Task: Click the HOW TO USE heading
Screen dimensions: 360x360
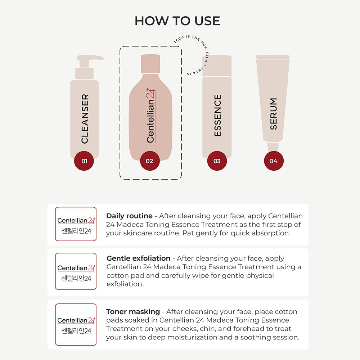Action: (x=177, y=21)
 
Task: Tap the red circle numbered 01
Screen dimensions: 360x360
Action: (x=84, y=161)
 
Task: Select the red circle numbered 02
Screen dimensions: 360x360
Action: (x=149, y=161)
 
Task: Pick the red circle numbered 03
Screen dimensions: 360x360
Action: (x=217, y=161)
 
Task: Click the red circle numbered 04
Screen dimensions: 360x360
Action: (x=274, y=161)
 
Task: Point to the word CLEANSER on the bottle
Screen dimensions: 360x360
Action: (x=85, y=118)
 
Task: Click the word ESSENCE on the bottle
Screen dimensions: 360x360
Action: (x=217, y=116)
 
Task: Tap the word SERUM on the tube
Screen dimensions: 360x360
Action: (x=274, y=113)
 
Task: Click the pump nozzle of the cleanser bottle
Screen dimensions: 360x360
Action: (x=92, y=58)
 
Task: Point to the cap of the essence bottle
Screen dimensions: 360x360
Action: (x=217, y=65)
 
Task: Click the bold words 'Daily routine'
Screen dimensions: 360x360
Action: (x=129, y=216)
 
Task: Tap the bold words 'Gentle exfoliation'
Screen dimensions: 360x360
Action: (x=138, y=258)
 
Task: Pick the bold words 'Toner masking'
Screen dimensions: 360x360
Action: (x=133, y=311)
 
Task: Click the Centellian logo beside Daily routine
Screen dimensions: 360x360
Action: (x=76, y=224)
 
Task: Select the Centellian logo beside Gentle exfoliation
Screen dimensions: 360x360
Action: (x=76, y=271)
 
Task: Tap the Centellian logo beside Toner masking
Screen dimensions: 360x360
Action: (x=76, y=324)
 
